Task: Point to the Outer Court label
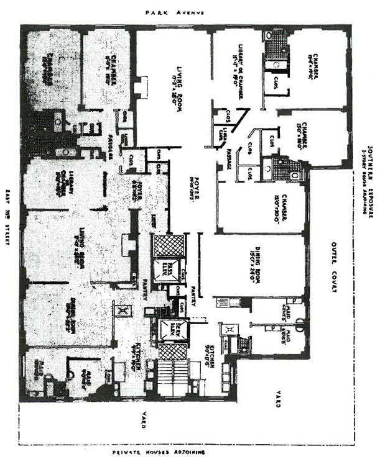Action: [333, 267]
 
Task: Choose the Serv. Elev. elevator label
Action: [166, 329]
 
